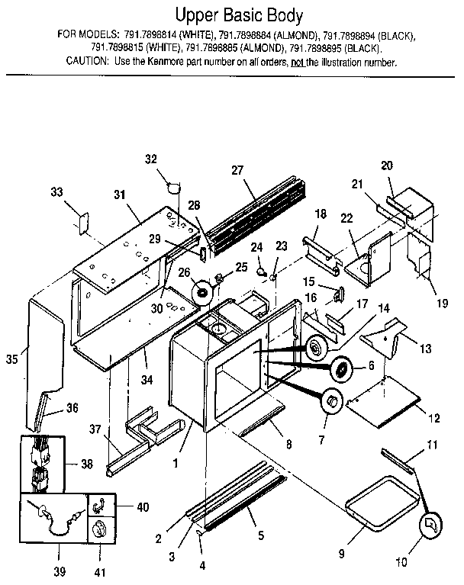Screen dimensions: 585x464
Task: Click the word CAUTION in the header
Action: [89, 62]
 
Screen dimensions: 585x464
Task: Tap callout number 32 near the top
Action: [150, 159]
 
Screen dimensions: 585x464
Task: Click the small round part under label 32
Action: [174, 184]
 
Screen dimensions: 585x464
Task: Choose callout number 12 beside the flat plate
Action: [433, 419]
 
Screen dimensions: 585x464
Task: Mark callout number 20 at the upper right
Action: [386, 166]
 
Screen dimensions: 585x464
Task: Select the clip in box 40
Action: [99, 505]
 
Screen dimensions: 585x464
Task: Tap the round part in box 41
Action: [99, 530]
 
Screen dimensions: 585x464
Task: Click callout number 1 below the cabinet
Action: [177, 461]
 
